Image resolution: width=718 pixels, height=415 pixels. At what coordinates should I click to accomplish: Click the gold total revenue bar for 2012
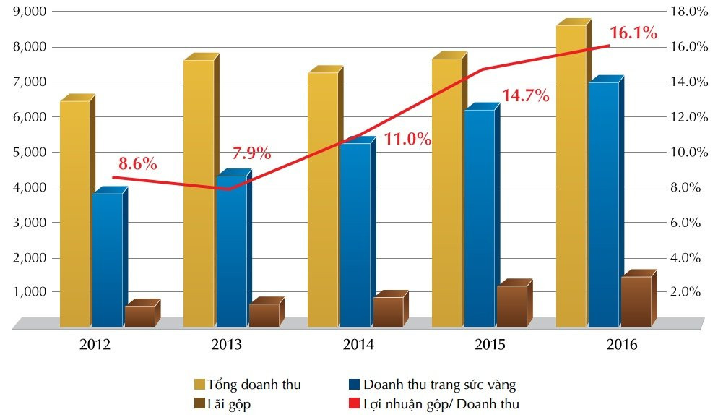(75, 213)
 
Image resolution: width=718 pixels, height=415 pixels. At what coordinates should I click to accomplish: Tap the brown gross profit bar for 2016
(636, 301)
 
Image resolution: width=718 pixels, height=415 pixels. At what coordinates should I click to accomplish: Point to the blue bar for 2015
(480, 218)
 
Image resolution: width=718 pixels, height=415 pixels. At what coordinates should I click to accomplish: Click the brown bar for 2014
(388, 312)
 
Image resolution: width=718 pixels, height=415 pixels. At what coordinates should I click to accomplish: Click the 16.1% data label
(633, 33)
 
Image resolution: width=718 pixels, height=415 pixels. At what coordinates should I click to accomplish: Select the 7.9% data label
(251, 153)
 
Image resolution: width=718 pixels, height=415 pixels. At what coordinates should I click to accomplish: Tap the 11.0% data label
(407, 140)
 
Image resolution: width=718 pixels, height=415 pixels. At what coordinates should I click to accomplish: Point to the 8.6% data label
(138, 164)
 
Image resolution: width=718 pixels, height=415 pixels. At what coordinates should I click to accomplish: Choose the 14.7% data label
(526, 95)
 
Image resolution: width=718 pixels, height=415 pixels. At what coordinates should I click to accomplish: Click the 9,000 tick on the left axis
(27, 12)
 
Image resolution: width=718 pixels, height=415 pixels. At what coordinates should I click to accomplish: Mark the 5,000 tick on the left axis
(27, 153)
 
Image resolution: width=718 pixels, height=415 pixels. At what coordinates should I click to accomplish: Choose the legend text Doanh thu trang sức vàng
(440, 385)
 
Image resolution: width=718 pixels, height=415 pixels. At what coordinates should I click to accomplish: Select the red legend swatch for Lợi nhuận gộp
(353, 404)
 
